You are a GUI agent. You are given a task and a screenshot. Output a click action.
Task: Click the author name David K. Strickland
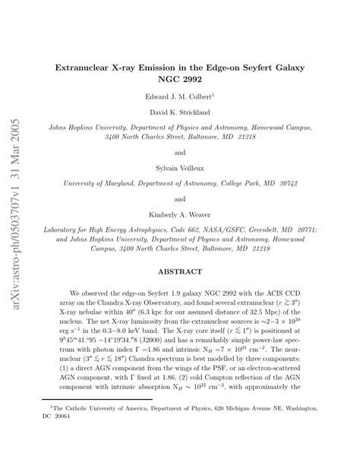pyautogui.click(x=180, y=113)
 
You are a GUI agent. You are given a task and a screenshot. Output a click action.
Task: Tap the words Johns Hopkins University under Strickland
pyautogui.click(x=83, y=128)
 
